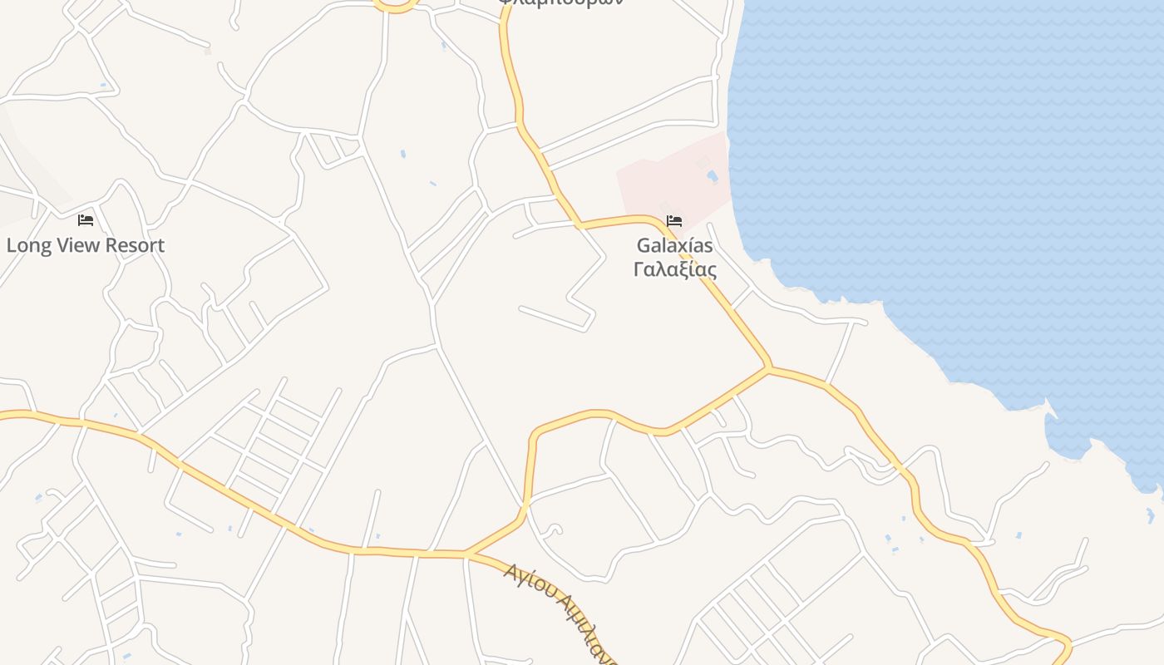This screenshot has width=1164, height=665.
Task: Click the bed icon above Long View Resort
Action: pyautogui.click(x=86, y=220)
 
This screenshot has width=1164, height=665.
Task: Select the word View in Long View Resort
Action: pyautogui.click(x=76, y=245)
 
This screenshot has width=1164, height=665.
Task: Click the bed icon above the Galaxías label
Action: pyautogui.click(x=674, y=221)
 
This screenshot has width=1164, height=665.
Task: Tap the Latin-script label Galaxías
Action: pyautogui.click(x=674, y=246)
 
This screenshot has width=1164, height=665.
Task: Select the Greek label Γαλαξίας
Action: pyautogui.click(x=674, y=269)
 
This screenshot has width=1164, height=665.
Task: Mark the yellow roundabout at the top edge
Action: pyautogui.click(x=395, y=5)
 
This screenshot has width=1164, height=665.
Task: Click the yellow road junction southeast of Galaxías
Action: pyautogui.click(x=769, y=367)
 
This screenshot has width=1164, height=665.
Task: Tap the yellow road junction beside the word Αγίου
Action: pyautogui.click(x=466, y=554)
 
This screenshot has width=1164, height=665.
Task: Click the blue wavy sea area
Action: pyautogui.click(x=956, y=166)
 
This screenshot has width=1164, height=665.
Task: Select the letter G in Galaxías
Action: pyautogui.click(x=644, y=246)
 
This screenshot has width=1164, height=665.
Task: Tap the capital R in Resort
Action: pyautogui.click(x=121, y=245)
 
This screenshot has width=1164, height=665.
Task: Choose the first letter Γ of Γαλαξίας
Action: pyautogui.click(x=639, y=269)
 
